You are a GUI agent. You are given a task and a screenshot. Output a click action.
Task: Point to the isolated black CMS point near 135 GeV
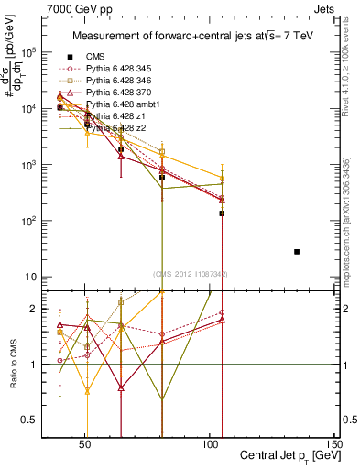(297, 251)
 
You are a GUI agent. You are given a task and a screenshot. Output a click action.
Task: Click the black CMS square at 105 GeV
(222, 213)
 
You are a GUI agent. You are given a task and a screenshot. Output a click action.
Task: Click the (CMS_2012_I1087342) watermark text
(191, 274)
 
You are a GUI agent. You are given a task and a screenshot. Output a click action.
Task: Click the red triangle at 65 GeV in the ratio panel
(122, 387)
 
